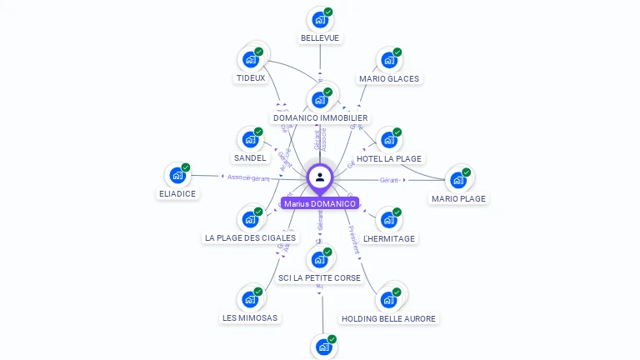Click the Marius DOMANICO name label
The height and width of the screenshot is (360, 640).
pos(320,203)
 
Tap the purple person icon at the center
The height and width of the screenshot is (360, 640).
pos(320,177)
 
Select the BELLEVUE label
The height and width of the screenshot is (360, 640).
pos(321,38)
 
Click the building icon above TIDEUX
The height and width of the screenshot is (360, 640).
pos(251,59)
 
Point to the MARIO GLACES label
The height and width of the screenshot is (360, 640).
pos(389,79)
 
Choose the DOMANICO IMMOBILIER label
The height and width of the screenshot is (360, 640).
pos(321,118)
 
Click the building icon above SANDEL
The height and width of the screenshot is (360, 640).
pos(250,139)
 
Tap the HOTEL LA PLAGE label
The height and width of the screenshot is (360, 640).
pos(389,158)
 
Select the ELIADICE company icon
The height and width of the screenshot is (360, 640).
pos(177,175)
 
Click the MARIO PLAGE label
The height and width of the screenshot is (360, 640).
pos(458,198)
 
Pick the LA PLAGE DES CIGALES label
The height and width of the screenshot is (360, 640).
pos(250,237)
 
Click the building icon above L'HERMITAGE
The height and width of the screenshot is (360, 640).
pos(389,219)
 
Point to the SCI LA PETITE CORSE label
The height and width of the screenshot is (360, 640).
pos(320,277)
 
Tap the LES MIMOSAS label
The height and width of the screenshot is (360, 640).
pos(250,317)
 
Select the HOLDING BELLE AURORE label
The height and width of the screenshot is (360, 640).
pos(388,318)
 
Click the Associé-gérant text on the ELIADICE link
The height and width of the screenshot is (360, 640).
pos(249,178)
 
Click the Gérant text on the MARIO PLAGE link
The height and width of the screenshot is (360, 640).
pos(389,180)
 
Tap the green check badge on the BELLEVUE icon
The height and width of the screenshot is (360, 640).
pos(328,12)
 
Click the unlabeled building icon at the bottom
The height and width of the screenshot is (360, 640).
pos(323,347)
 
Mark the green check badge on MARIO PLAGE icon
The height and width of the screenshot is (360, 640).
pos(467,172)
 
